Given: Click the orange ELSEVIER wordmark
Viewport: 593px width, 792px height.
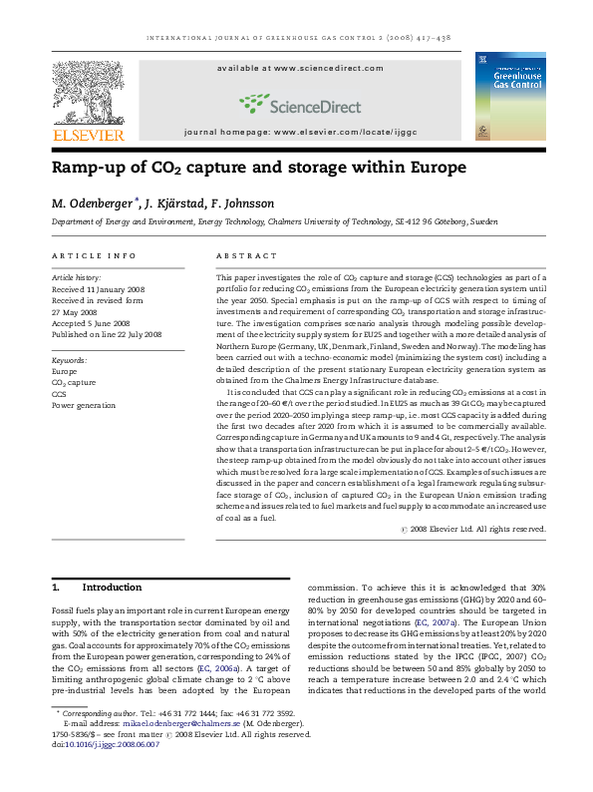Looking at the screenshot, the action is click(x=89, y=135).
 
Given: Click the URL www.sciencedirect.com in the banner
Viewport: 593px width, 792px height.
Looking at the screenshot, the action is click(x=324, y=69).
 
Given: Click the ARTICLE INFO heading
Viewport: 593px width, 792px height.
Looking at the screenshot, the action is click(x=94, y=256).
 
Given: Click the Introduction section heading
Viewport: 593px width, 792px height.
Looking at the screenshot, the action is click(x=112, y=588).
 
